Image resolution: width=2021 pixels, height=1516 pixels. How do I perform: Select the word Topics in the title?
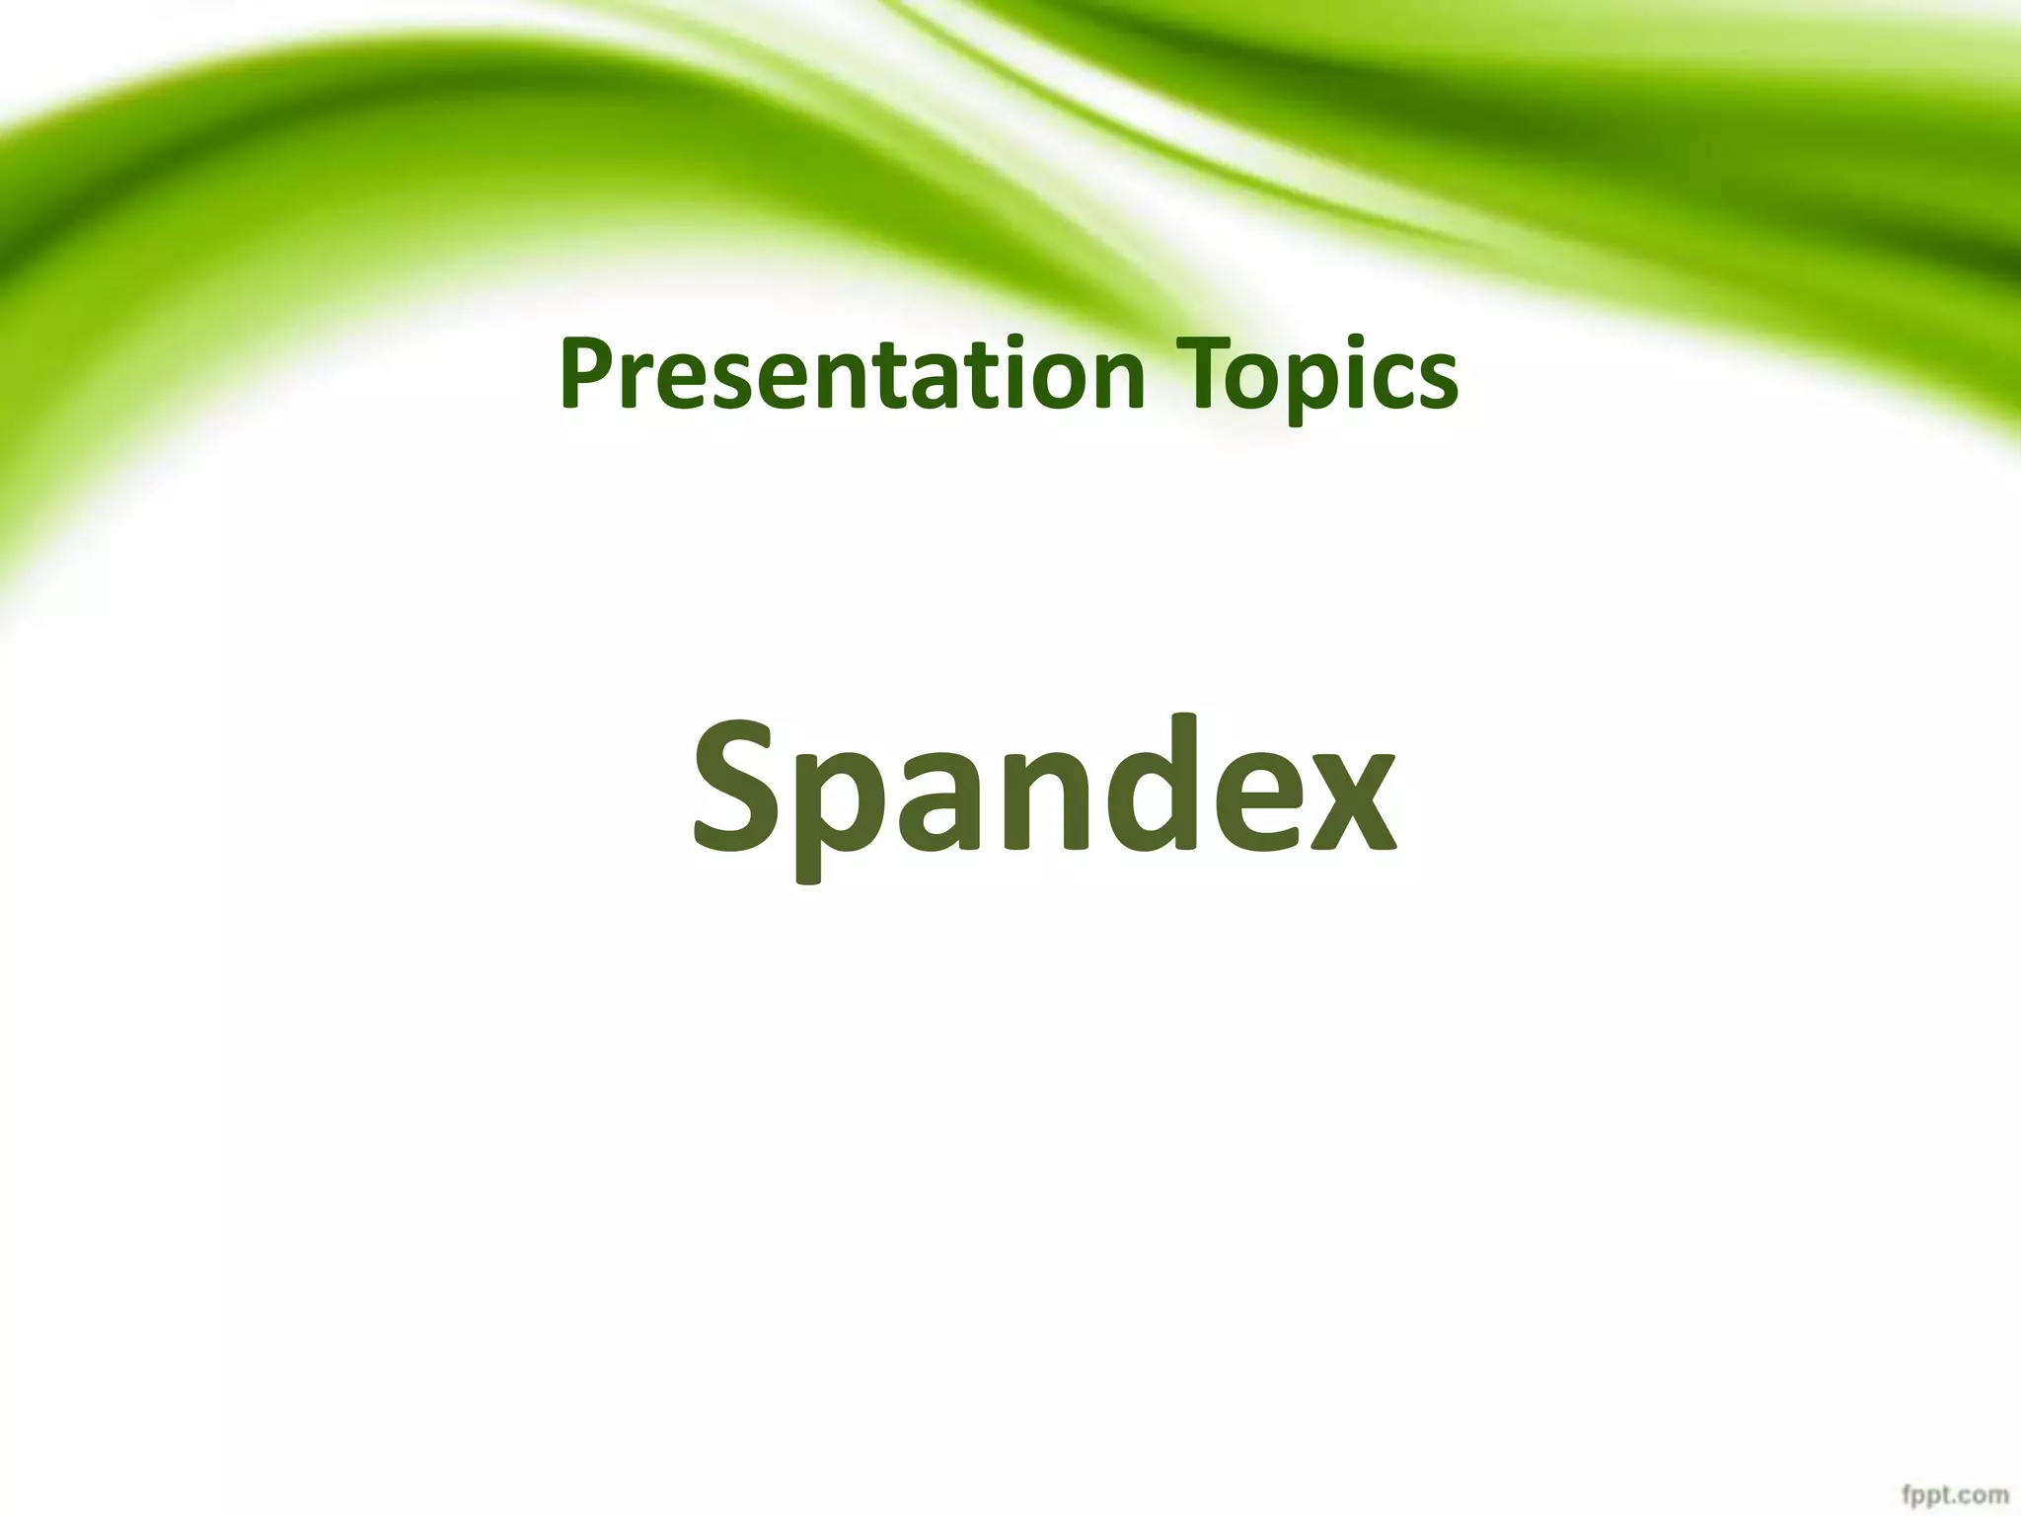click(x=1322, y=375)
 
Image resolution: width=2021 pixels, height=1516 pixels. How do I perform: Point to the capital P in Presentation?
click(x=585, y=375)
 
